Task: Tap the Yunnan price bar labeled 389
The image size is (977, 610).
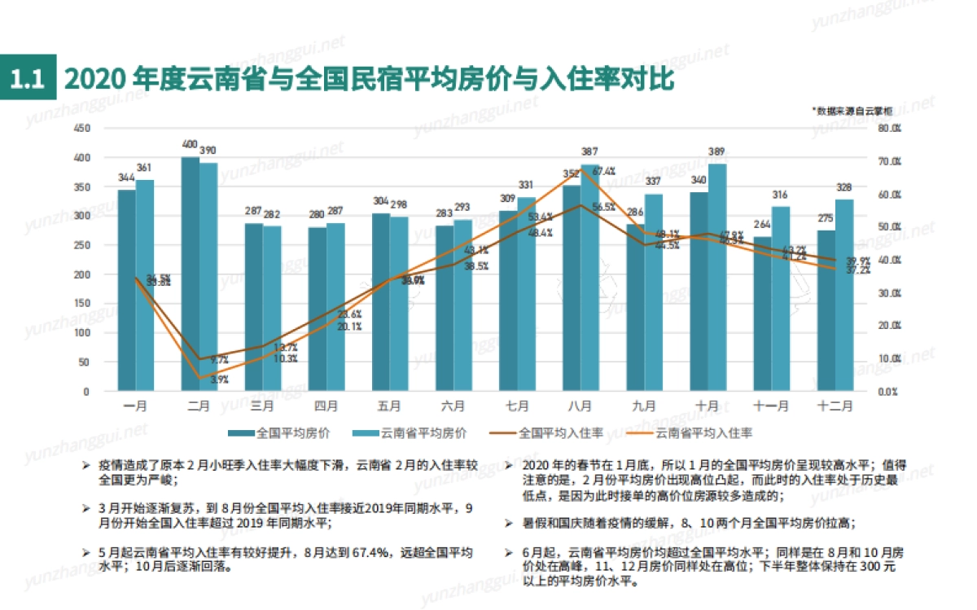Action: [716, 277]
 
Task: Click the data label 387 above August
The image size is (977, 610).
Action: [589, 152]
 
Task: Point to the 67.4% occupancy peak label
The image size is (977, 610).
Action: [603, 172]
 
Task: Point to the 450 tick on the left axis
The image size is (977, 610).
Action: [81, 129]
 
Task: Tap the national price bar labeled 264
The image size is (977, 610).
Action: [762, 314]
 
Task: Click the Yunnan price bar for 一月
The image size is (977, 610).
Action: [145, 285]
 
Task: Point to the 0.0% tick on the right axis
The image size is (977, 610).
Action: [888, 392]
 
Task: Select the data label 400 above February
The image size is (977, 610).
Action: [190, 145]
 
